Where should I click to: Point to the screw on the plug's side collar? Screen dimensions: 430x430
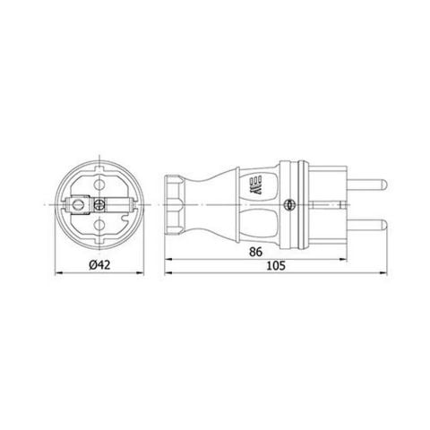pyautogui.click(x=288, y=204)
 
